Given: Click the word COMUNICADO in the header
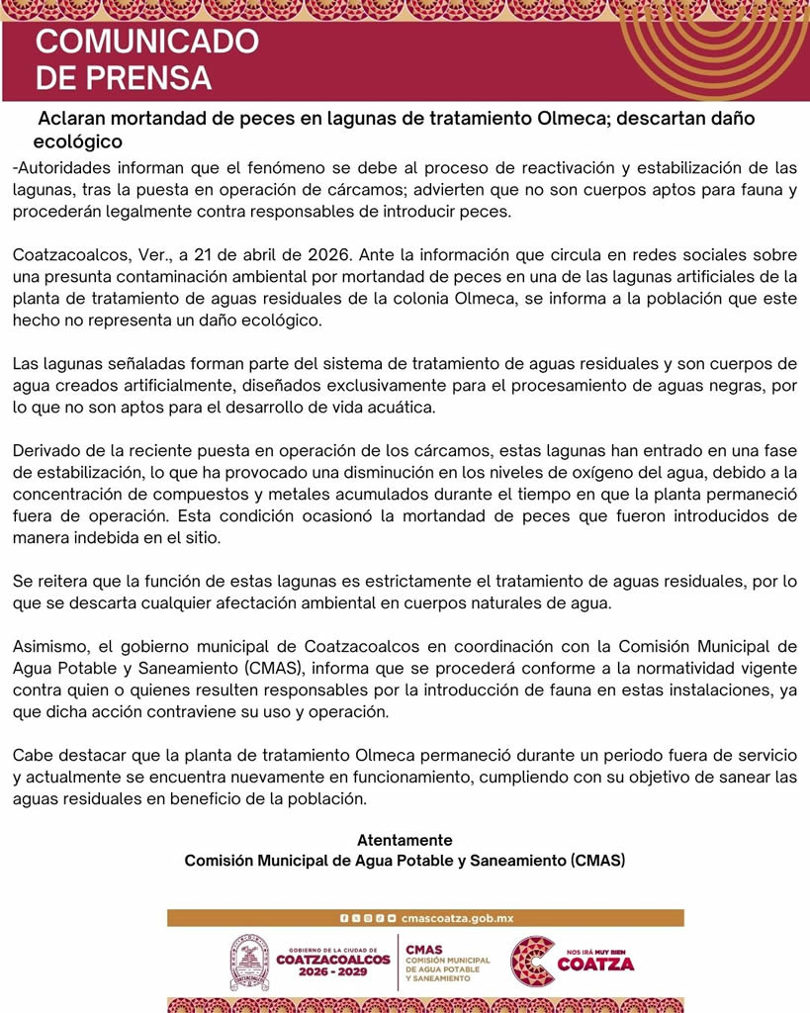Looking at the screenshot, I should pos(147,43).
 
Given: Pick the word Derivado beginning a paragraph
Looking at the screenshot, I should pos(45,451).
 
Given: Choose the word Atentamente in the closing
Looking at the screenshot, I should pos(405,840).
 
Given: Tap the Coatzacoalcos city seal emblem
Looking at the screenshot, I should pos(249,963).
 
